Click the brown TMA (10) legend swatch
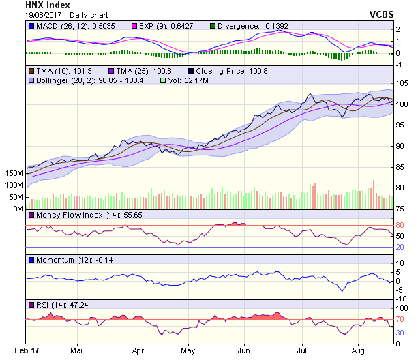(31, 70)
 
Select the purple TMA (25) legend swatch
(113, 70)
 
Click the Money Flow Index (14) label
(67, 215)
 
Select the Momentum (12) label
(58, 260)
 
